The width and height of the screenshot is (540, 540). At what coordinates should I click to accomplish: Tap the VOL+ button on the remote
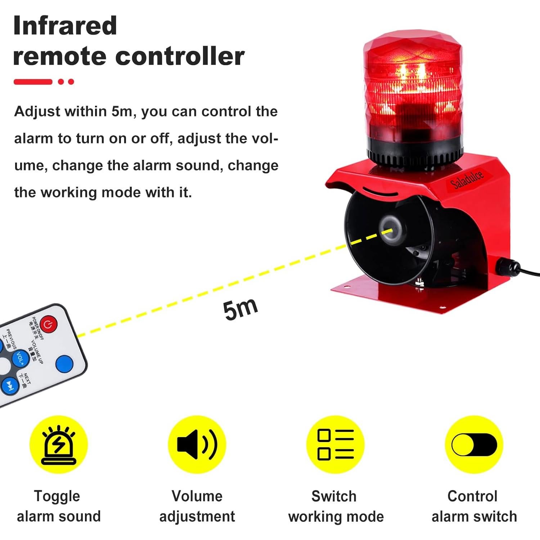coord(21,359)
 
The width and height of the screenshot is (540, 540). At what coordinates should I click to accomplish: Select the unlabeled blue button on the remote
coord(65,364)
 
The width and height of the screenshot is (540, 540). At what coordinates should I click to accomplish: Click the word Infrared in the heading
coord(65,26)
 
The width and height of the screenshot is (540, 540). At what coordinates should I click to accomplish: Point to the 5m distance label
coord(240,309)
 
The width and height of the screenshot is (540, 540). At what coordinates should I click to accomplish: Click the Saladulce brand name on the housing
coord(467,180)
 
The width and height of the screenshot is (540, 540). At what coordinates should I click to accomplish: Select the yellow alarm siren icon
coord(59,445)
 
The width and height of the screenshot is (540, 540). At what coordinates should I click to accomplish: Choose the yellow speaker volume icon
coord(197,445)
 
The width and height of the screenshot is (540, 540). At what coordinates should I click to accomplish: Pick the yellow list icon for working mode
coord(336,445)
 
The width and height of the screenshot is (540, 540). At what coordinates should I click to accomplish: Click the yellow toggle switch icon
coord(474,445)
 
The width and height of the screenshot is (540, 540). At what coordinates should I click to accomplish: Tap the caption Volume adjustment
coord(197,506)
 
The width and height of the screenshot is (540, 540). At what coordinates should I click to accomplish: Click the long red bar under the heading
coord(33,82)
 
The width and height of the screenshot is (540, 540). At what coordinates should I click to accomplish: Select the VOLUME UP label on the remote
coord(37,351)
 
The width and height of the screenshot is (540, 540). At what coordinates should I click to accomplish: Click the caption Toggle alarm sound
coord(59,506)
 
